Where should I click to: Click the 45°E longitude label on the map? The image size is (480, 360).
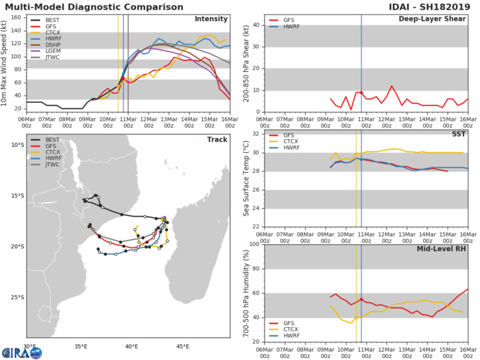[182, 347]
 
